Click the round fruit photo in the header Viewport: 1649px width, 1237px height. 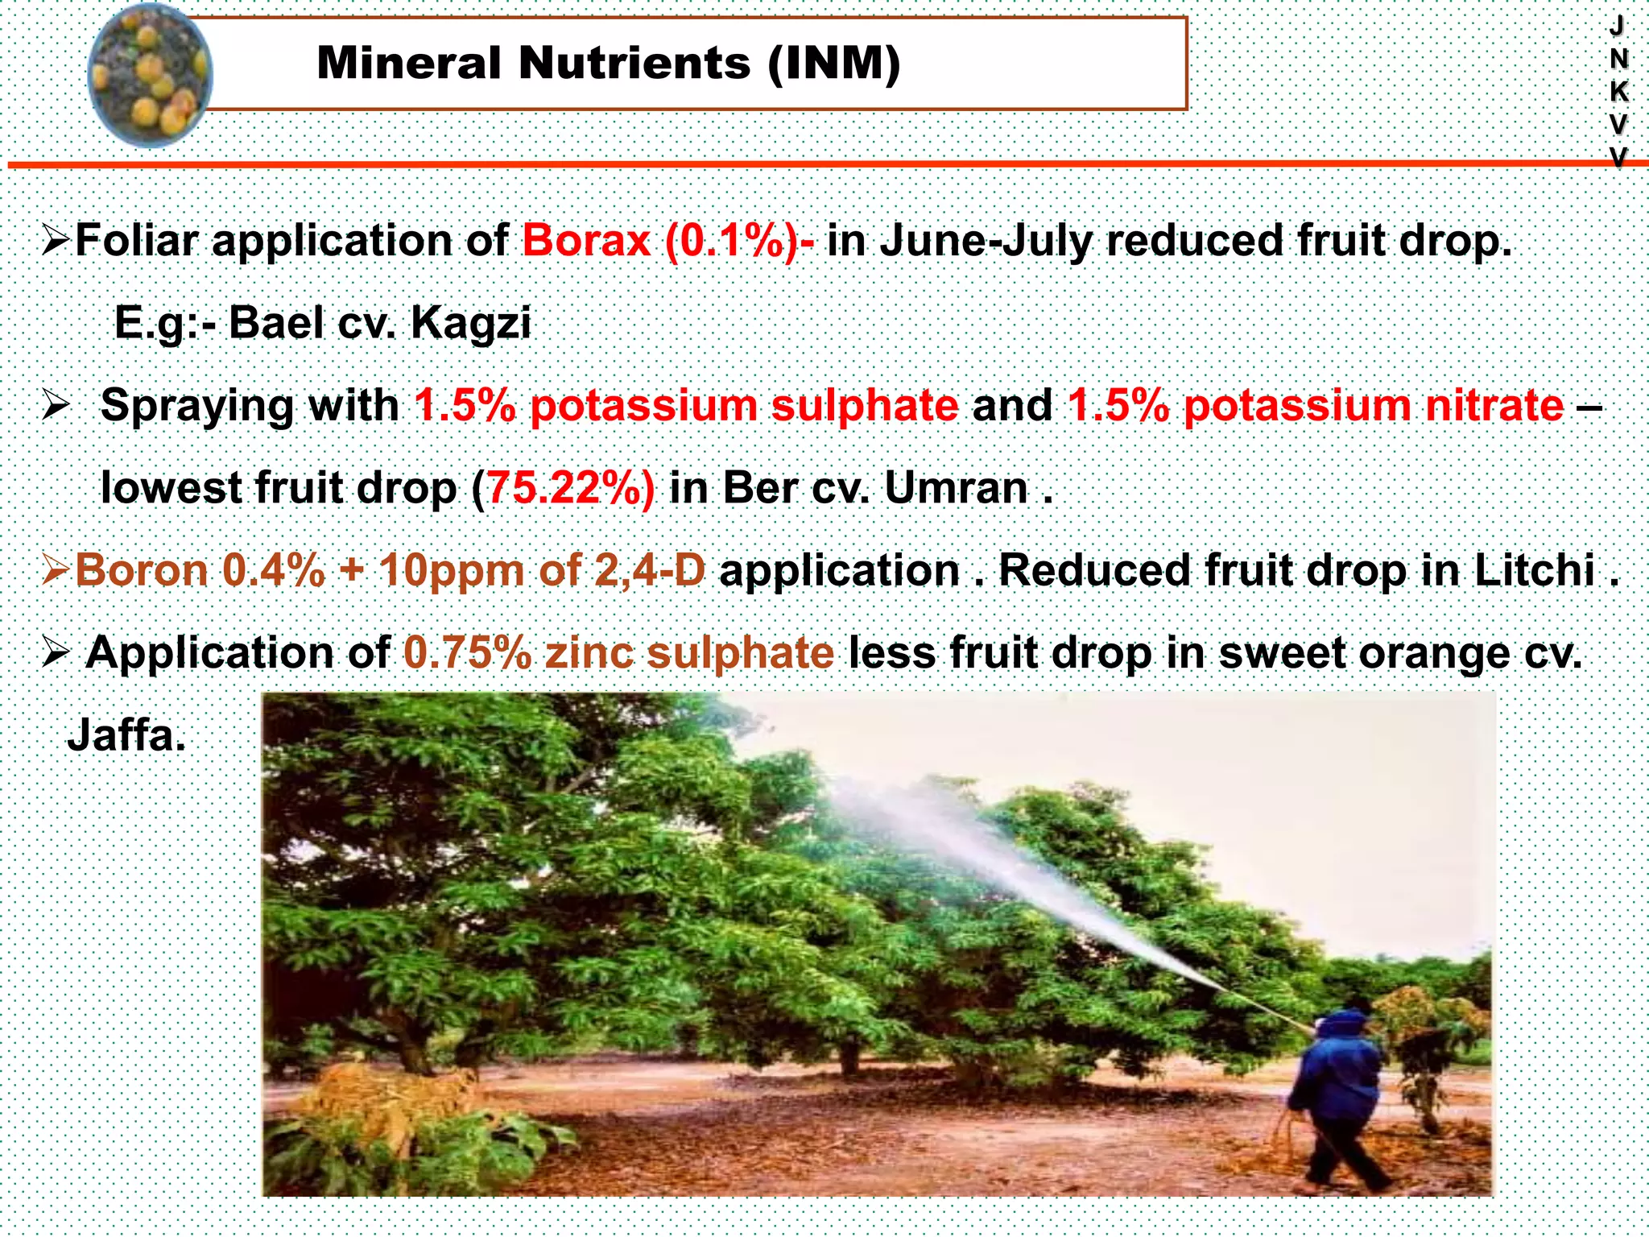coord(150,74)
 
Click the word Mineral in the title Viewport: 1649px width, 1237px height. coord(409,64)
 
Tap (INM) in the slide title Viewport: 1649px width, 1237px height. coord(833,64)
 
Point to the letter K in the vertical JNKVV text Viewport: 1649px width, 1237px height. coord(1618,91)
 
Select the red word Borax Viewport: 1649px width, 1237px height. coord(586,241)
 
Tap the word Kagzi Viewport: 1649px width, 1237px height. coord(470,323)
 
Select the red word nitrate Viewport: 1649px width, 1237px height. coord(1494,405)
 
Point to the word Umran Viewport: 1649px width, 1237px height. coord(956,488)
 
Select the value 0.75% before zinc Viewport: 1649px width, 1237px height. coord(467,652)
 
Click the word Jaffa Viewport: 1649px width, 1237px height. coord(126,735)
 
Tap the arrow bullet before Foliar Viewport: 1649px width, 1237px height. coord(56,241)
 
